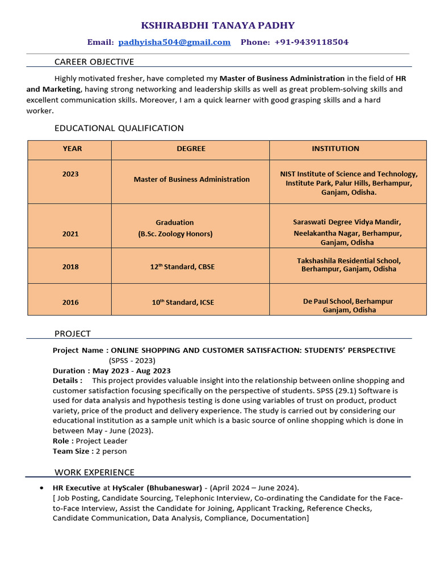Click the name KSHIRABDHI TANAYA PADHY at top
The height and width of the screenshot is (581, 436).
point(217,26)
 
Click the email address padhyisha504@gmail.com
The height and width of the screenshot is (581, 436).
point(174,42)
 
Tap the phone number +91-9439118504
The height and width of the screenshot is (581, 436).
point(311,42)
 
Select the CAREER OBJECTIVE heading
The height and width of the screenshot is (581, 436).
point(94,62)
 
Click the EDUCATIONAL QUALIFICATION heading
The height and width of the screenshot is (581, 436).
point(119,128)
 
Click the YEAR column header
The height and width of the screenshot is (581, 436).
point(72,149)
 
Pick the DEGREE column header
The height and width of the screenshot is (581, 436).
point(191,149)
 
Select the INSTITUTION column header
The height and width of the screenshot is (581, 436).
point(336,149)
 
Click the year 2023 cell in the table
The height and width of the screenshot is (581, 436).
point(70,174)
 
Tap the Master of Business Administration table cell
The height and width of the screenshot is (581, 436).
point(191,179)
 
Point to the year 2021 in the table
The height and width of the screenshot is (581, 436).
point(70,234)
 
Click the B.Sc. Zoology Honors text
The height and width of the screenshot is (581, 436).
point(175,234)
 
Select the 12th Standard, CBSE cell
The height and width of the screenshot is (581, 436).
point(182,267)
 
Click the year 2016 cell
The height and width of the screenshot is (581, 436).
point(70,302)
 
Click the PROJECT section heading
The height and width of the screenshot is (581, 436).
point(73,334)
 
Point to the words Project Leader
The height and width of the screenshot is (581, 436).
point(102,441)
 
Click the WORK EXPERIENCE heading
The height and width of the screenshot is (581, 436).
point(94,472)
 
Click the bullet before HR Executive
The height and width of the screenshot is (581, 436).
point(42,488)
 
